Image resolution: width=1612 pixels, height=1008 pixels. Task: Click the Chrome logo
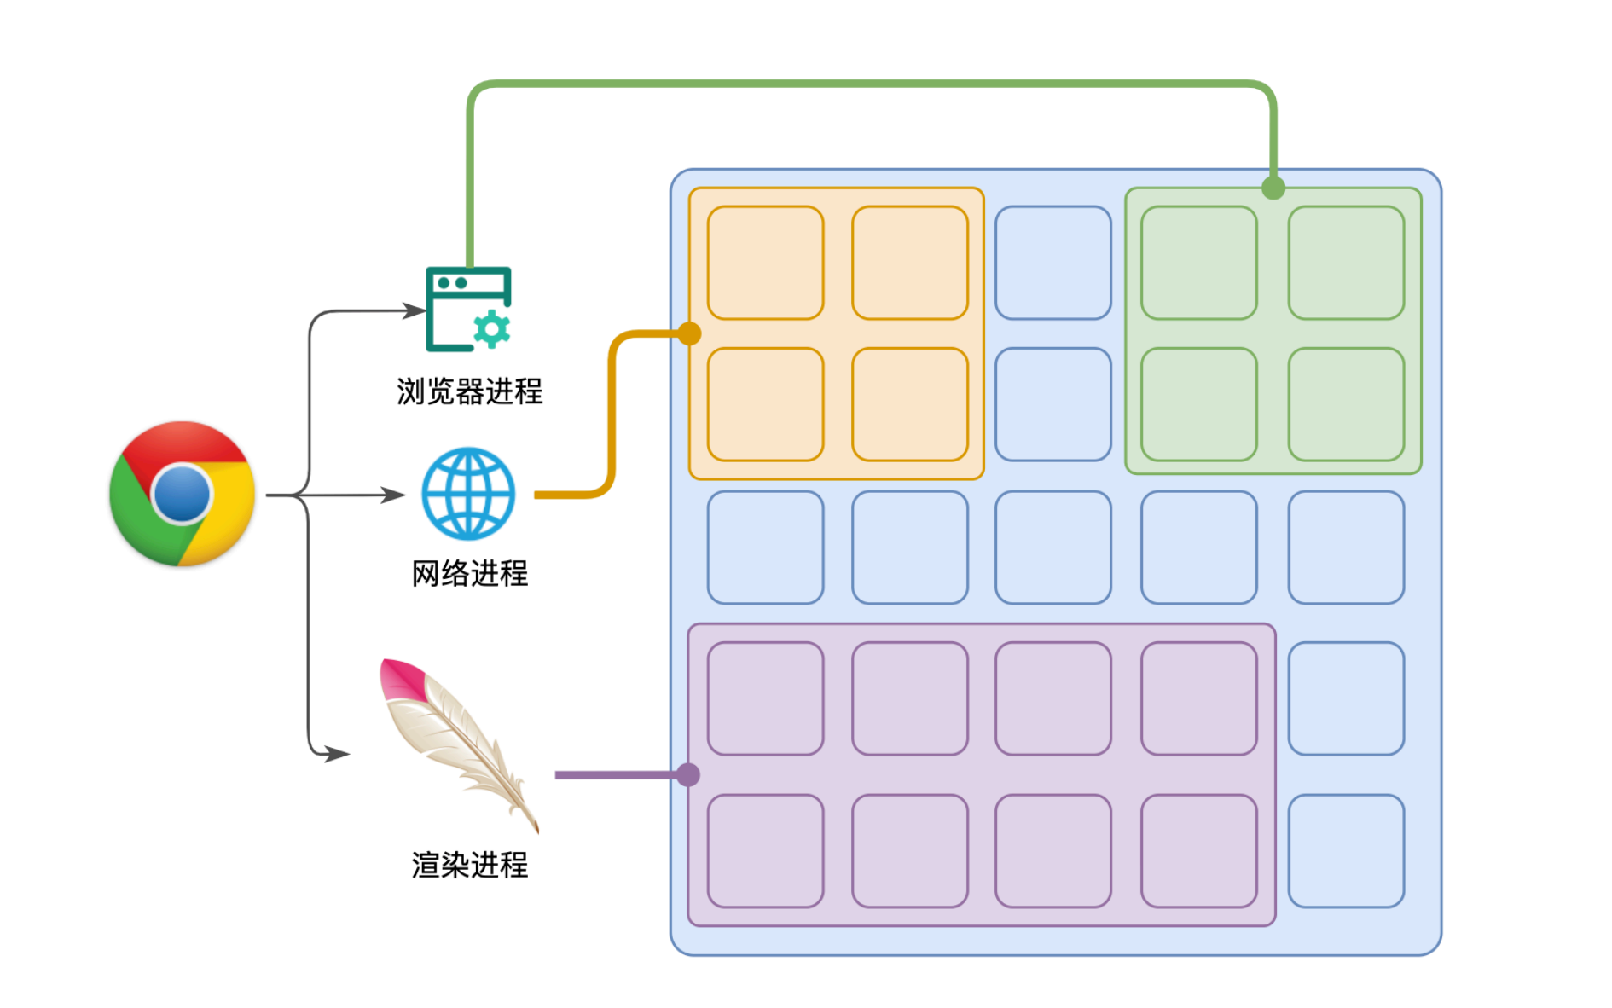pos(182,493)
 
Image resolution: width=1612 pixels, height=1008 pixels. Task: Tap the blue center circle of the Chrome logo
pos(182,493)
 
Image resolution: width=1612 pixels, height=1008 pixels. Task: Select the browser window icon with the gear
pos(467,309)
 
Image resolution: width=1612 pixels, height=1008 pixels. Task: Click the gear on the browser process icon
pos(491,329)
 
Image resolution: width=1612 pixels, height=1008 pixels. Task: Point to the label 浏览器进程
pos(469,391)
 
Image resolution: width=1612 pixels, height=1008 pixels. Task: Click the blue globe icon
pos(468,494)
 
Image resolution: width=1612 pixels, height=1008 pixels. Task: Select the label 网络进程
pos(469,573)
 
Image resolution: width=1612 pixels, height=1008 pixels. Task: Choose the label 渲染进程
pos(469,865)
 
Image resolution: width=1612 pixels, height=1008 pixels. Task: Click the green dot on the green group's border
pos(1273,188)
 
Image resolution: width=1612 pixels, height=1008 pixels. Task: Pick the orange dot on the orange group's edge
pos(690,333)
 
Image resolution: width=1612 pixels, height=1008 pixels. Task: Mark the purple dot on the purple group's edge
pos(688,774)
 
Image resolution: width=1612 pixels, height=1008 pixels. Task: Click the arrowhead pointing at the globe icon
pos(393,495)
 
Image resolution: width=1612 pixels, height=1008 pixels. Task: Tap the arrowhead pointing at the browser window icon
pos(414,311)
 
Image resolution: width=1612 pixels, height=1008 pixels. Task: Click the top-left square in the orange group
pos(765,263)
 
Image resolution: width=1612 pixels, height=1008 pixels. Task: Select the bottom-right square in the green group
pos(1346,404)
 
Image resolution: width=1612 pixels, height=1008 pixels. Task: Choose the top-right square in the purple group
pos(1198,698)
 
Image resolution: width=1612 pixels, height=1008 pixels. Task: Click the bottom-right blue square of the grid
pos(1346,851)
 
